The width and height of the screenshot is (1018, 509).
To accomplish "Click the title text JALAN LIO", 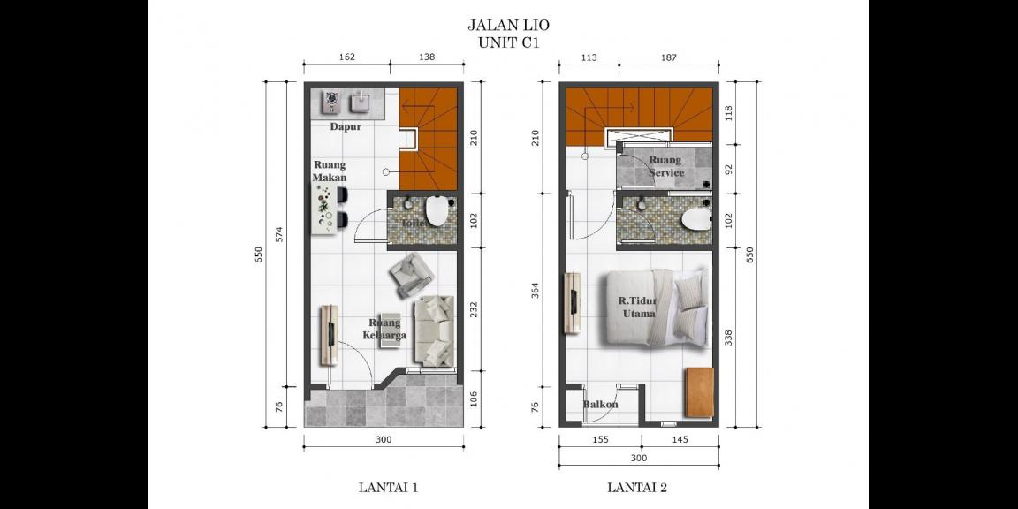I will [x=508, y=26].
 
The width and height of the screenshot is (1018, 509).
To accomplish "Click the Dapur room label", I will [x=346, y=126].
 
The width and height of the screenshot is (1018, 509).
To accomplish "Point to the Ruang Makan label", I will [x=330, y=171].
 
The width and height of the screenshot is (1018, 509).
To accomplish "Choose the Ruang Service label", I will [x=665, y=166].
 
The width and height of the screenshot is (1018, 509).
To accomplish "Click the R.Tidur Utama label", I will [x=637, y=307].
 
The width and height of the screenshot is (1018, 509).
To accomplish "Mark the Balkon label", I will [x=600, y=405].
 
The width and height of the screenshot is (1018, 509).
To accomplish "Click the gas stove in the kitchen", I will [x=331, y=103].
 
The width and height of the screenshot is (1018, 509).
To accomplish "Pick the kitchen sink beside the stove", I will [x=362, y=103].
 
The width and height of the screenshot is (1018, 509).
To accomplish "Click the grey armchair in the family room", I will [x=411, y=275].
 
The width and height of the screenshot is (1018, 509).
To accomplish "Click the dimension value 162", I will [x=346, y=57].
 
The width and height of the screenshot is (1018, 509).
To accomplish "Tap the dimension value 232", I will [x=474, y=309].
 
